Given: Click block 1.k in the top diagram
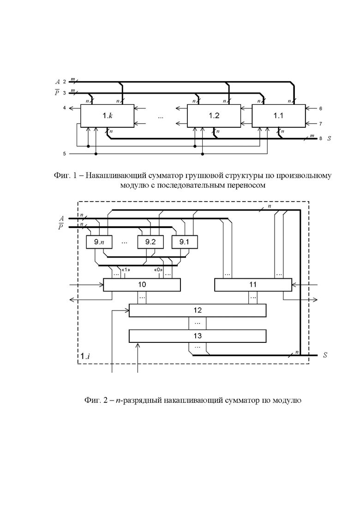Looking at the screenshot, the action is (107, 115).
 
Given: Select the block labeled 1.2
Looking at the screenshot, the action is (214, 115).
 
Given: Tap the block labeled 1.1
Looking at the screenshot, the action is (278, 115).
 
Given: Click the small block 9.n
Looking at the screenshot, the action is (99, 242).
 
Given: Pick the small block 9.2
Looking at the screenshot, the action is (150, 242).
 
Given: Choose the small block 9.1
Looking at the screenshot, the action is (184, 242).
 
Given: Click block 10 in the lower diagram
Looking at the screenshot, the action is (142, 285).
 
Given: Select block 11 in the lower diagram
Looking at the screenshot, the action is (253, 285).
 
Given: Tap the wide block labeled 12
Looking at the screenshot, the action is (198, 310).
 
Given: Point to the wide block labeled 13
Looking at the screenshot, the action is (198, 336).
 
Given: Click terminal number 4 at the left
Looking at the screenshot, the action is (65, 108).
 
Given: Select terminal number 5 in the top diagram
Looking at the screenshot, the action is (65, 154).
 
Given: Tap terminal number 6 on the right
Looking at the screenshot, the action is (321, 108).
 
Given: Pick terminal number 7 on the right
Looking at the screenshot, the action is (321, 124).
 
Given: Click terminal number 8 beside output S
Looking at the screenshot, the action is (321, 138).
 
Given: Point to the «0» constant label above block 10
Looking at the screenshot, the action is (158, 270).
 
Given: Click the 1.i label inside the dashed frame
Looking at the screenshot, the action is (85, 356).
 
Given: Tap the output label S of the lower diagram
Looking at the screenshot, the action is (325, 355).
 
